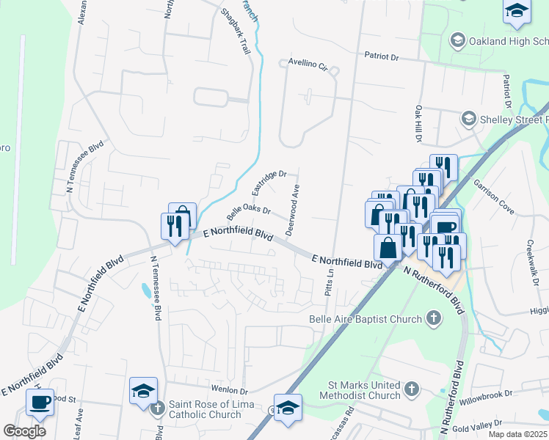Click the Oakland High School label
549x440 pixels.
[x=509, y=40]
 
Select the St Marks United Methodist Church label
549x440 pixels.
[x=364, y=390]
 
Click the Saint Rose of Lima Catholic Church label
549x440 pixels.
[x=211, y=409]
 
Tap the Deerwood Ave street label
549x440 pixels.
[x=294, y=210]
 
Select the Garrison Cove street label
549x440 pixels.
[x=493, y=194]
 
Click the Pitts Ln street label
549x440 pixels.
[x=329, y=282]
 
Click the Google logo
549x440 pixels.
[x=24, y=431]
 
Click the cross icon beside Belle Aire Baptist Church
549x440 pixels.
[x=434, y=318]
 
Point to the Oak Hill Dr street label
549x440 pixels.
[x=419, y=123]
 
